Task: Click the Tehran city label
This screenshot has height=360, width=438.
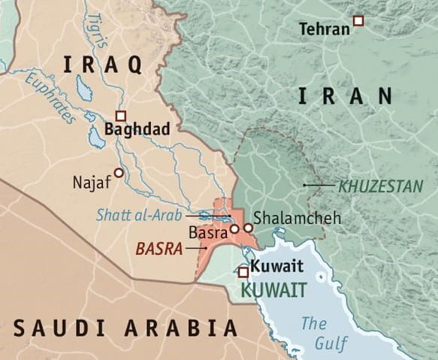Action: tap(325, 29)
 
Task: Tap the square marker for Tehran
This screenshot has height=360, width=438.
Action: tap(358, 21)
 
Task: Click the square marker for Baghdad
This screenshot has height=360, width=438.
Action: tap(120, 116)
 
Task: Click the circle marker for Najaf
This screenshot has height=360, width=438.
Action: tap(118, 173)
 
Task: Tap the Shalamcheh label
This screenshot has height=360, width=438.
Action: tap(297, 218)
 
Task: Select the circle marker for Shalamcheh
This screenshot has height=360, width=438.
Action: tap(248, 227)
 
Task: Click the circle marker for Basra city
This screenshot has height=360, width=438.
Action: tap(234, 228)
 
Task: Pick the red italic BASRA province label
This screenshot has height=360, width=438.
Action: tap(159, 248)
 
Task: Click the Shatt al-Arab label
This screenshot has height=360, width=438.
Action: tap(140, 214)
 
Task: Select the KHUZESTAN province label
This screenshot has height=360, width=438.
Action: tap(380, 185)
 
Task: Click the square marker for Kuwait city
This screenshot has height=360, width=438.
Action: tap(243, 271)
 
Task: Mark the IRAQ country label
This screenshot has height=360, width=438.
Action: tap(102, 65)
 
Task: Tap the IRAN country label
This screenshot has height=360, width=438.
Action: tap(345, 96)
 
